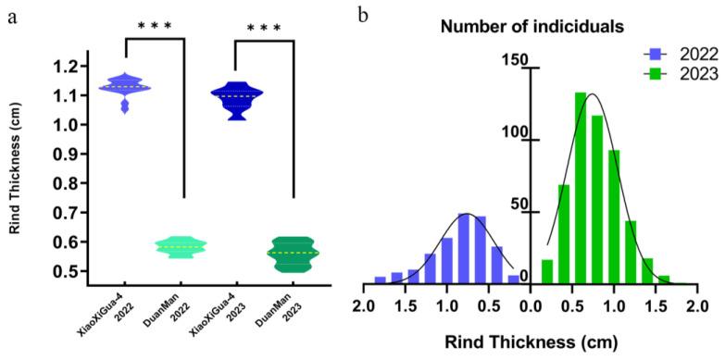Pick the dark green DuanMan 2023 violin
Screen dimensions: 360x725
pyautogui.click(x=293, y=253)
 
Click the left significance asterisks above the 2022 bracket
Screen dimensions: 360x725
pyautogui.click(x=155, y=26)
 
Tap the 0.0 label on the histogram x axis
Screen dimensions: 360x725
pyautogui.click(x=531, y=304)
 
